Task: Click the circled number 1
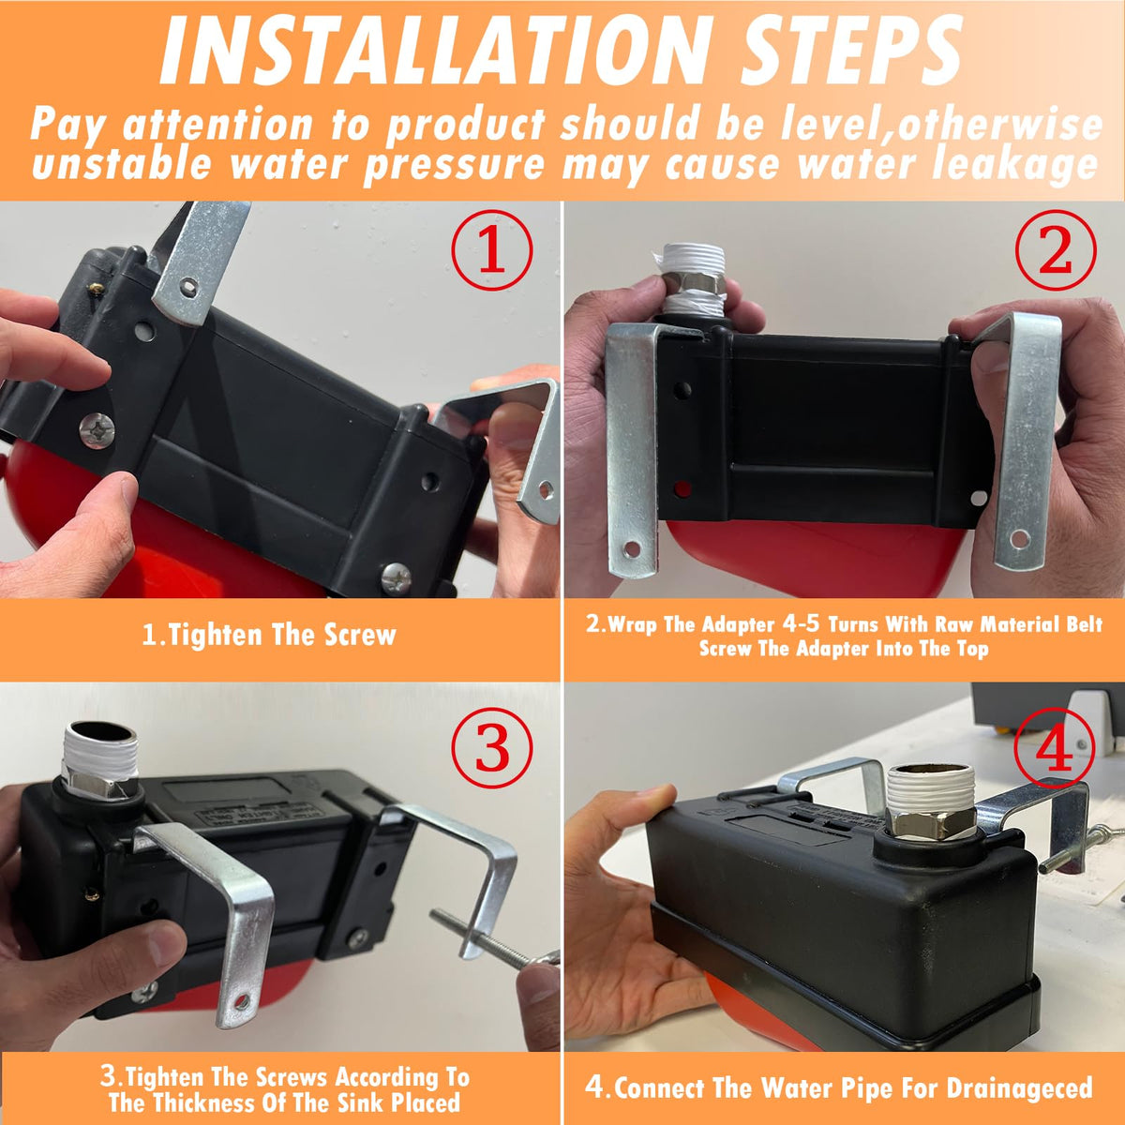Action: pos(491,250)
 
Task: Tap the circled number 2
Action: pos(1056,250)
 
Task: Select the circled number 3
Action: pos(491,748)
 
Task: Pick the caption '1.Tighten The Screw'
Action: pos(269,635)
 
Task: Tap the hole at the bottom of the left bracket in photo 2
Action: pos(632,549)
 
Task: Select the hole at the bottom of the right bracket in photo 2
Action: pos(1019,537)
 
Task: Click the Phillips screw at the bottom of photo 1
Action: pos(397,577)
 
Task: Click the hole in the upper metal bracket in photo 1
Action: pos(187,286)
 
